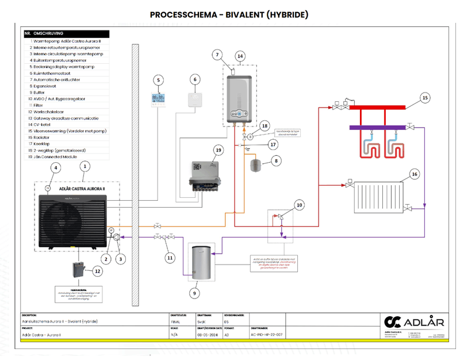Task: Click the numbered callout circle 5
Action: (159, 79)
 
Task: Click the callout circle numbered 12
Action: (97, 271)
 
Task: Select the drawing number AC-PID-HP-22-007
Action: (268, 333)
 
